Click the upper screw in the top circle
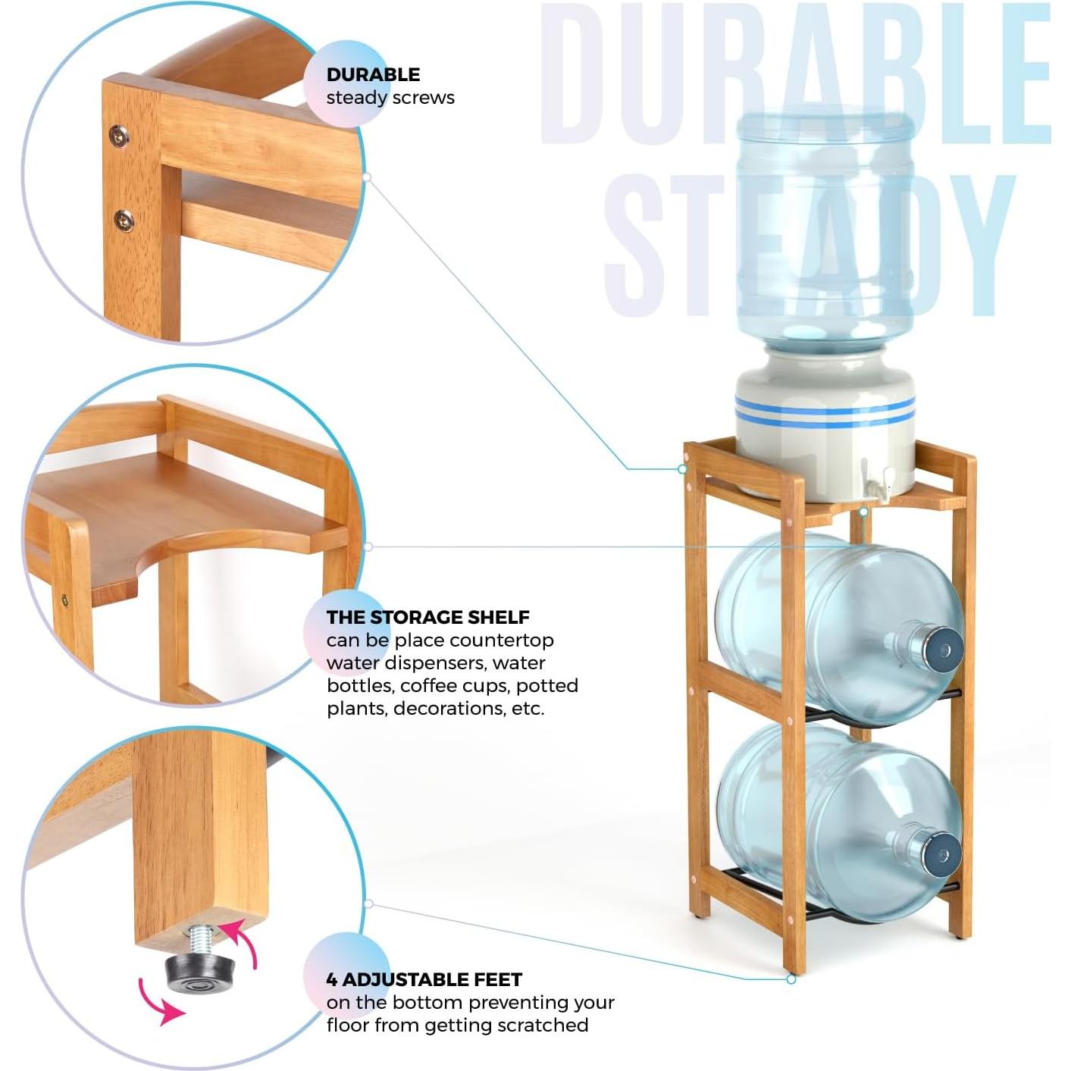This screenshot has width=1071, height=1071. click(x=118, y=136)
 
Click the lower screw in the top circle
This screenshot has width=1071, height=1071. click(x=124, y=221)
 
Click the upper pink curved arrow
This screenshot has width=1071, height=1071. click(x=242, y=942)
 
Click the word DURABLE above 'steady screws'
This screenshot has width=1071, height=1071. click(x=373, y=74)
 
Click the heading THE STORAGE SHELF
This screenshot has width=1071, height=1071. click(x=427, y=617)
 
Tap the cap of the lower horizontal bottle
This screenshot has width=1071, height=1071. click(x=942, y=854)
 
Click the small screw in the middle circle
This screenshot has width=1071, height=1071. click(x=65, y=600)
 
